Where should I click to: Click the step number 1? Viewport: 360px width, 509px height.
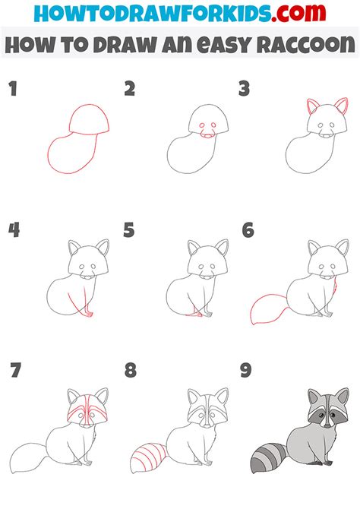coord(12,90)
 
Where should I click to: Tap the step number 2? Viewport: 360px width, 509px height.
coord(130,90)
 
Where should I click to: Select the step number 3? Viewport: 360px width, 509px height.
coord(245,90)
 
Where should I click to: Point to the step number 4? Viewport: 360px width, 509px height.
coord(13,230)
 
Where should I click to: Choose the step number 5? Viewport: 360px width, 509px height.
coord(130,230)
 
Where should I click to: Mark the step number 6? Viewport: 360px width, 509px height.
coord(247,230)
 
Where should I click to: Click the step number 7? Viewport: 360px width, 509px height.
coord(14,371)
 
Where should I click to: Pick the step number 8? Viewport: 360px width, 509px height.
coord(130,371)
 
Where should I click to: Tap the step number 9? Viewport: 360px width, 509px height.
coord(247,371)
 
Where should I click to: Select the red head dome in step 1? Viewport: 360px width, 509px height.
coord(90,119)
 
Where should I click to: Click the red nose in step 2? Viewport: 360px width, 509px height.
coord(207,137)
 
